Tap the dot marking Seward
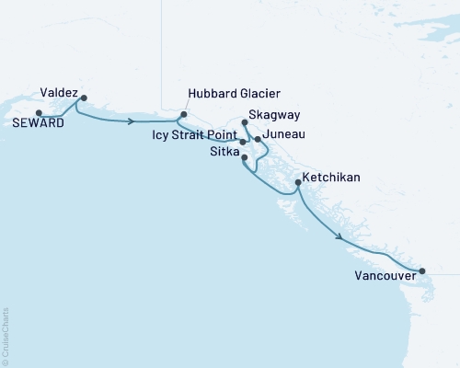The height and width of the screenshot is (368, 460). tap(38, 113)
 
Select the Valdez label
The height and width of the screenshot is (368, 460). tap(59, 92)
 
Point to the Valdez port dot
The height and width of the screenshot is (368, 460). tap(84, 98)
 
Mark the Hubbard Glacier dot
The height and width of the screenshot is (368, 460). tap(183, 115)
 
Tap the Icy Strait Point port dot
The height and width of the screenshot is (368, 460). tap(243, 142)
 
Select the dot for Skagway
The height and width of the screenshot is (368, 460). tap(244, 121)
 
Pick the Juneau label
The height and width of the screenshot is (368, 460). tap(284, 134)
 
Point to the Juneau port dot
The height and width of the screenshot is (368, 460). tap(258, 139)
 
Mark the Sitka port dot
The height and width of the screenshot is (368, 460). tap(243, 158)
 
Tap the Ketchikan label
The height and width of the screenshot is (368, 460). tap(330, 177)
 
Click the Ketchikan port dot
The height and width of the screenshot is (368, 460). tap(297, 183)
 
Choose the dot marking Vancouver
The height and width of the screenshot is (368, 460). tap(422, 270)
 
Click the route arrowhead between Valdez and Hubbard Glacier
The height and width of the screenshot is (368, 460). tap(134, 121)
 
